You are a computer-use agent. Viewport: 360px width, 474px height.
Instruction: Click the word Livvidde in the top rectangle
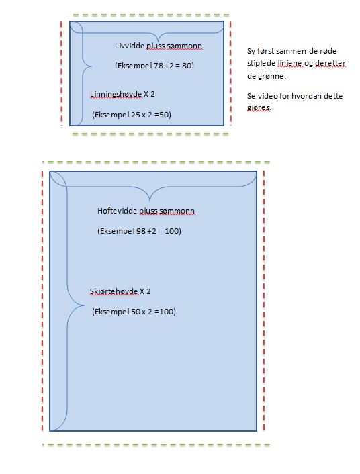pos(130,46)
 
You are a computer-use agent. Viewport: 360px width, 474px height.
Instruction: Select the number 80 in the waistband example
pos(187,65)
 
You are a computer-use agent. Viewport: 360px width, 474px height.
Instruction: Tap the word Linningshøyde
pos(116,94)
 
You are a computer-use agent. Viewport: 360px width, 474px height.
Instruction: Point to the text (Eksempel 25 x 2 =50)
pos(132,115)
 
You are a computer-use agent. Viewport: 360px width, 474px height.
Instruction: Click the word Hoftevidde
pos(117,211)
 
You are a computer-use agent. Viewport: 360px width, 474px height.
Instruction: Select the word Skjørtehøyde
pos(114,291)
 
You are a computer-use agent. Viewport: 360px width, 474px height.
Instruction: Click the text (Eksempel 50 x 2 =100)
pos(134,312)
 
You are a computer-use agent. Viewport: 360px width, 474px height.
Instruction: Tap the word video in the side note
pos(268,96)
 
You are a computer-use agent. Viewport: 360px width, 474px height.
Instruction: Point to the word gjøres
pos(259,107)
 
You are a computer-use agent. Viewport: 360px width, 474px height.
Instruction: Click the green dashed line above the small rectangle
pos(150,15)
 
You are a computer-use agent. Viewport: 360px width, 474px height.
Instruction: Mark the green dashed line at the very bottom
pos(156,444)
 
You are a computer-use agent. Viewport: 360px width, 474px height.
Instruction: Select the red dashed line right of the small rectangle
pos(230,73)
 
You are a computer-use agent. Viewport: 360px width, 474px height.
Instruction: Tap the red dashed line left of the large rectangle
pos(42,301)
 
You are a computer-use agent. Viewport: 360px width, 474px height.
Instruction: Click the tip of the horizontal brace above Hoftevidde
pos(150,201)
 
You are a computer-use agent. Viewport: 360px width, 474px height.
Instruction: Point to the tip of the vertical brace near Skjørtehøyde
pos(84,306)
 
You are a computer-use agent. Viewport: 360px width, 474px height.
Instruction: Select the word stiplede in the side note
pos(261,64)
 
